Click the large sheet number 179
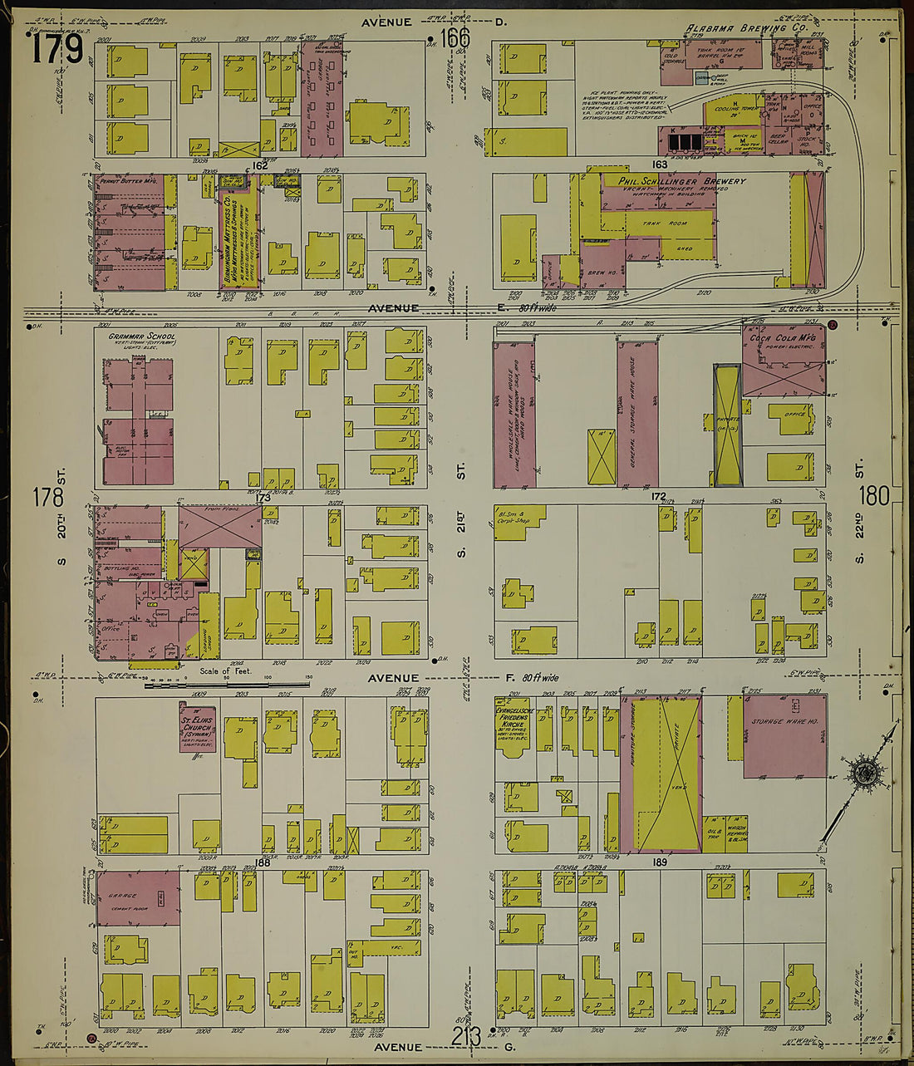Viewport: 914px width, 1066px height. click(58, 49)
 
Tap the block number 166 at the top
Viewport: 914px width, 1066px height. click(455, 38)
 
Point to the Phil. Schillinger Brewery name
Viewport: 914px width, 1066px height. click(682, 181)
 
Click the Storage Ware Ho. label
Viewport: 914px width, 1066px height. click(784, 722)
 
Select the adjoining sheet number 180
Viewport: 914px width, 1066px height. click(874, 496)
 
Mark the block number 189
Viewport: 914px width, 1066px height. click(660, 862)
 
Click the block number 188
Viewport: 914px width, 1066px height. click(263, 863)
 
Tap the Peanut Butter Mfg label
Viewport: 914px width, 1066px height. click(127, 179)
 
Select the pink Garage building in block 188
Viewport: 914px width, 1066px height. click(138, 897)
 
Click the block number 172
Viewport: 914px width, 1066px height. click(659, 497)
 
